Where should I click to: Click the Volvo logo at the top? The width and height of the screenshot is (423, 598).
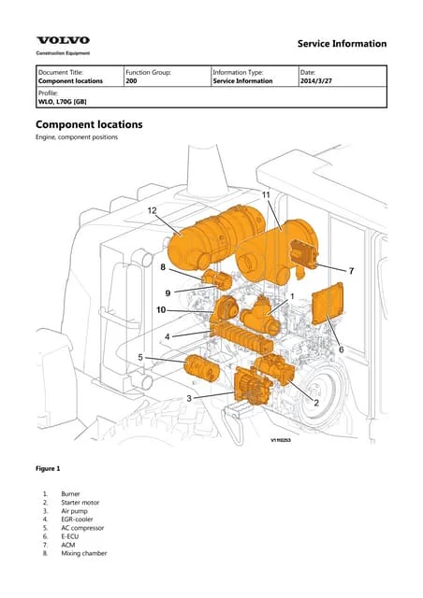point(64,40)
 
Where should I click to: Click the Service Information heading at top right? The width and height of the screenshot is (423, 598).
point(341,44)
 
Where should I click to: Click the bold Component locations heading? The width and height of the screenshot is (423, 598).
point(89,124)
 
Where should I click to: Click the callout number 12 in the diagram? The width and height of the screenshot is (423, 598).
point(152,211)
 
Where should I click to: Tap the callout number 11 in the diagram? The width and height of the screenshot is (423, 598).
point(266,194)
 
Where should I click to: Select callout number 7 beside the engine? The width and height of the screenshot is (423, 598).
point(351,271)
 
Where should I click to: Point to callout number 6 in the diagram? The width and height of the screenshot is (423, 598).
point(341,349)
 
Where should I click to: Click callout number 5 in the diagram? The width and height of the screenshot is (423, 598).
point(140,357)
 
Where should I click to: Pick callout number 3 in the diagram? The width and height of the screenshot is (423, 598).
point(190,398)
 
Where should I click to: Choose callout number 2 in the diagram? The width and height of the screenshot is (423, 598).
point(316,403)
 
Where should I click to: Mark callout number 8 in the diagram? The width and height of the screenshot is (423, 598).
point(163,268)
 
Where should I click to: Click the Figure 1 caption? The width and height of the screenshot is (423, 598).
point(48,466)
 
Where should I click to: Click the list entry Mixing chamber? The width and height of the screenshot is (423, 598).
point(84,553)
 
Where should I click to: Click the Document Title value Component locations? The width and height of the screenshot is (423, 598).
point(70,81)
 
